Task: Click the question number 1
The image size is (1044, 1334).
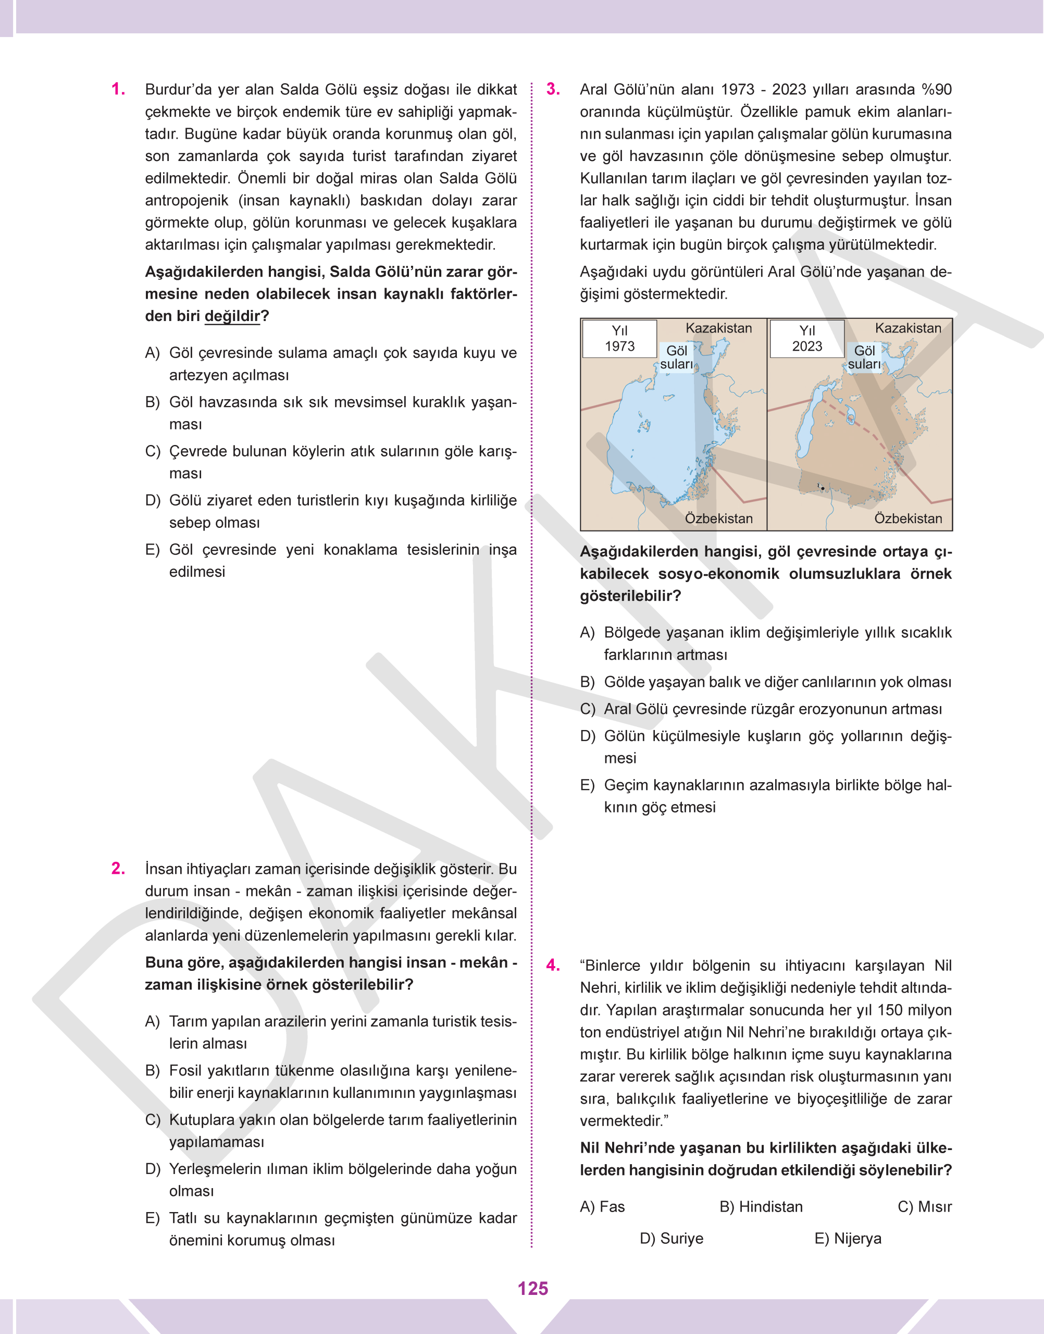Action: pyautogui.click(x=118, y=89)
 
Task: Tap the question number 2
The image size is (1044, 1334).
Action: pyautogui.click(x=118, y=869)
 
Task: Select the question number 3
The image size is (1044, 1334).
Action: pyautogui.click(x=553, y=89)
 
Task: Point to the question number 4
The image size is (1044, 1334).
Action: pyautogui.click(x=553, y=966)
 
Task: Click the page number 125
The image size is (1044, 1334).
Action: pyautogui.click(x=532, y=1288)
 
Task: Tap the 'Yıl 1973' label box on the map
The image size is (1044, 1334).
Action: pyautogui.click(x=619, y=339)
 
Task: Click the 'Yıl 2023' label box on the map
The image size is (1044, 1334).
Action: pyautogui.click(x=807, y=339)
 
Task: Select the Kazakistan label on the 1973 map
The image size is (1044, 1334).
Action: pyautogui.click(x=718, y=328)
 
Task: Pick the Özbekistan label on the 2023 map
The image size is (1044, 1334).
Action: pyautogui.click(x=908, y=518)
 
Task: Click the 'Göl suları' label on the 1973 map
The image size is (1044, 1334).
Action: pyautogui.click(x=677, y=357)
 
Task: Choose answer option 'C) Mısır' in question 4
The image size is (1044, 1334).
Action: pyautogui.click(x=924, y=1207)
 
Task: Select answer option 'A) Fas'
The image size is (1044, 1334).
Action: pyautogui.click(x=602, y=1207)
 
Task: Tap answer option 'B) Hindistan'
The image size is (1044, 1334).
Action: pyautogui.click(x=761, y=1207)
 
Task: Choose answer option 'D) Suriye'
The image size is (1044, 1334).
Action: pyautogui.click(x=671, y=1239)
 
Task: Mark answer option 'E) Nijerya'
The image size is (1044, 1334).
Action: pyautogui.click(x=848, y=1239)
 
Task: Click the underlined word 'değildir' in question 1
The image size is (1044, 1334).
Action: pyautogui.click(x=232, y=316)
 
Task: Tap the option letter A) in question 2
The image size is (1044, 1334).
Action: pyautogui.click(x=152, y=1021)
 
